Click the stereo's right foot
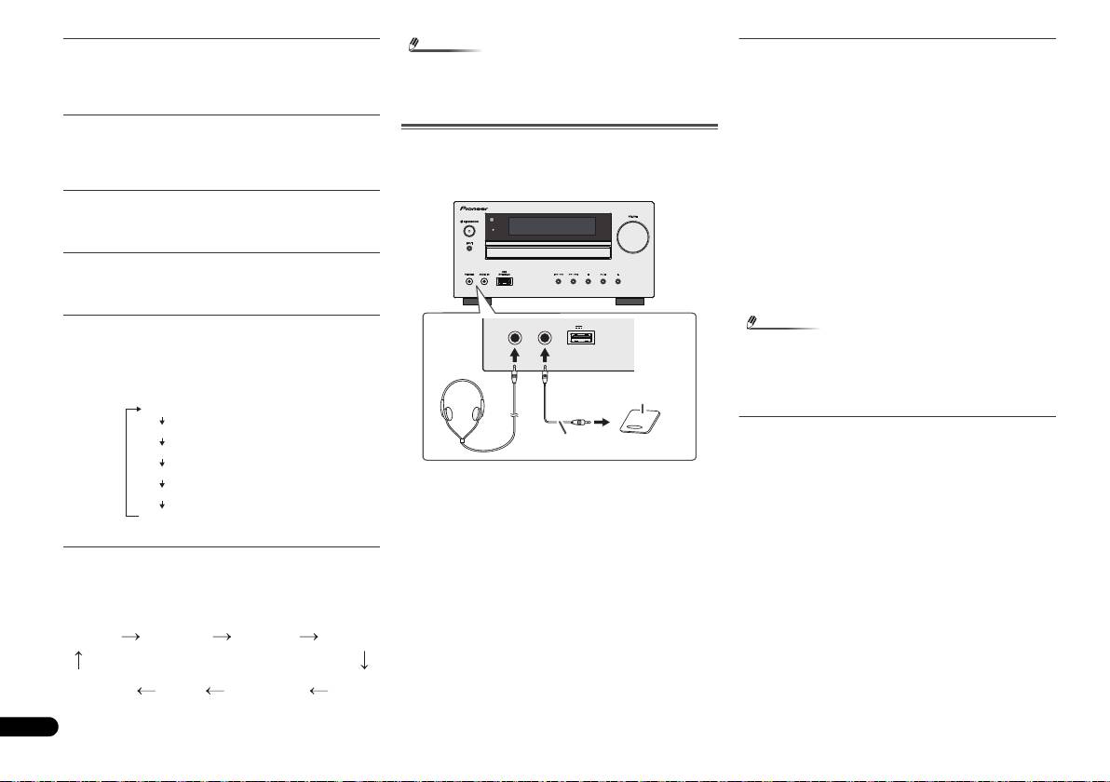629,303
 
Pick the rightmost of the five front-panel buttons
617,280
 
